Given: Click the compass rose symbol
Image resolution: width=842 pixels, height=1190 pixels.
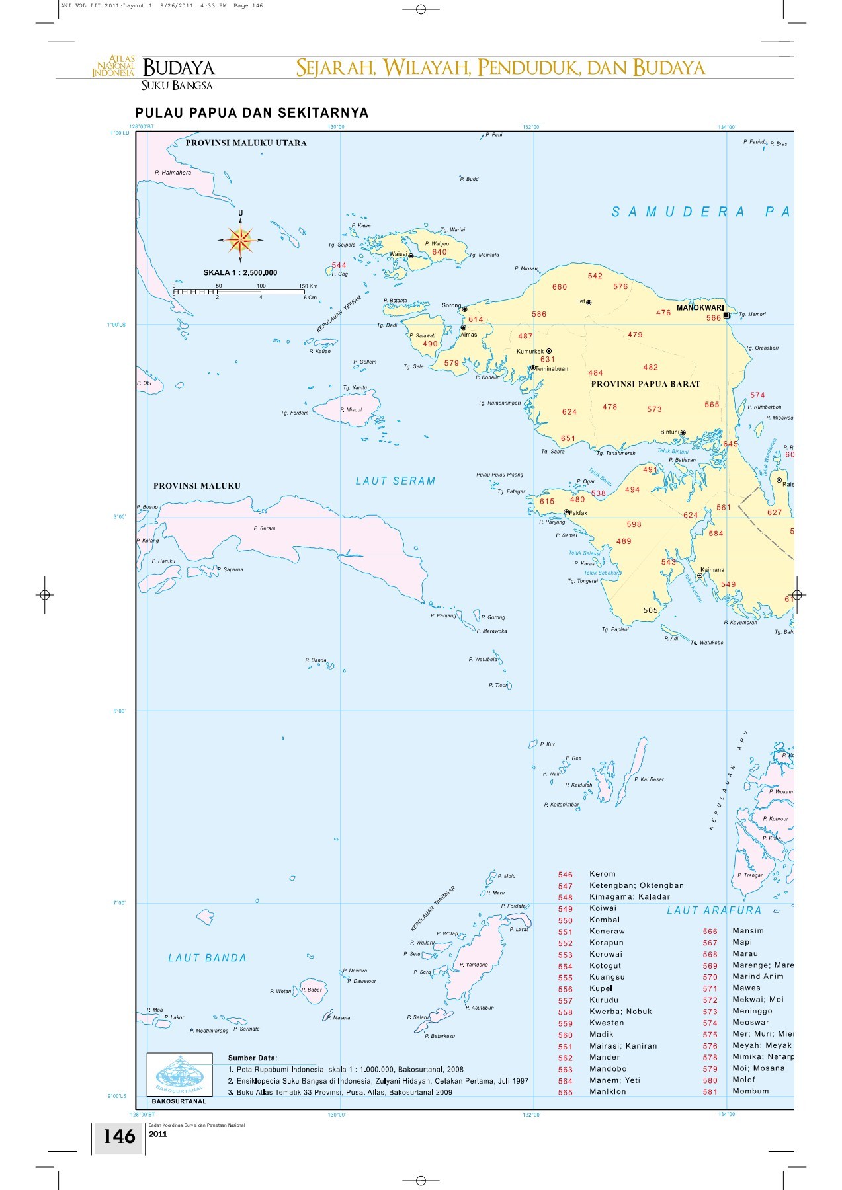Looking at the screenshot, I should click(x=240, y=240).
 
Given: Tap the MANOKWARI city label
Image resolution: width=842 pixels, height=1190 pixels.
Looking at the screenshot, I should click(x=700, y=307).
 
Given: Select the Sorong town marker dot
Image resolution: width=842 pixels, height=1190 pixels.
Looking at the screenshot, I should click(x=464, y=309).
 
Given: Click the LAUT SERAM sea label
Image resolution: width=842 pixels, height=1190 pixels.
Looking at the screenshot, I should click(x=396, y=481).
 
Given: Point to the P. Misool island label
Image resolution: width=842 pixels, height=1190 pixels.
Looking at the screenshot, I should click(x=351, y=410).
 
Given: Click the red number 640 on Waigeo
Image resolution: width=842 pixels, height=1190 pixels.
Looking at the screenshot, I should click(x=439, y=252).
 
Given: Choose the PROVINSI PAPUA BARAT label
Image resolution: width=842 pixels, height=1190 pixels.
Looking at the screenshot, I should click(x=646, y=384).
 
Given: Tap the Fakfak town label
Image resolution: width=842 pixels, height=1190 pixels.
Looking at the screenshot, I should click(x=578, y=513).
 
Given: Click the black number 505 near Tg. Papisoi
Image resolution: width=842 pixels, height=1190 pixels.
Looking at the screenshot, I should click(x=651, y=610).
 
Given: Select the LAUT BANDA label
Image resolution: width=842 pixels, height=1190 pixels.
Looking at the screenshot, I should click(x=207, y=958).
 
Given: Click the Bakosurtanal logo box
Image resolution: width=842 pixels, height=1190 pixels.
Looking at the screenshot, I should click(x=179, y=1074).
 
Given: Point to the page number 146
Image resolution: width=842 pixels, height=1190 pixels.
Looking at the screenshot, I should click(x=119, y=1136).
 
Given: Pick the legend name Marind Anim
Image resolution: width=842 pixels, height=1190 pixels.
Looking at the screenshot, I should click(x=757, y=976).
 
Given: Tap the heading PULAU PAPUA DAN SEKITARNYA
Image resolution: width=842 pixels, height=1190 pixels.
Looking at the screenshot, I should click(x=251, y=113).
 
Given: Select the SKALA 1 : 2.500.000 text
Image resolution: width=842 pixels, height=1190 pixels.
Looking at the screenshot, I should click(x=240, y=272).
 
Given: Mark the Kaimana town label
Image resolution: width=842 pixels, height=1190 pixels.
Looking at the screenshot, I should click(x=712, y=569).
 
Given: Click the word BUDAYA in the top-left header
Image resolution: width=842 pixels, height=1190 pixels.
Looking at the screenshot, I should click(x=178, y=67).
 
